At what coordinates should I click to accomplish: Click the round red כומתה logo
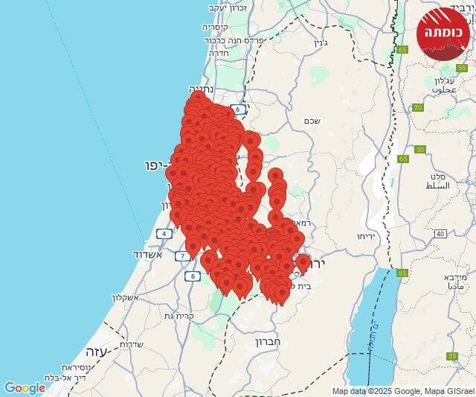click(x=443, y=34)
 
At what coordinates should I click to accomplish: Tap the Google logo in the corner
click(x=25, y=388)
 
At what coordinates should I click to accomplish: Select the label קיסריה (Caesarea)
click(x=216, y=26)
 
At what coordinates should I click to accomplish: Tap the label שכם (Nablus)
click(x=312, y=120)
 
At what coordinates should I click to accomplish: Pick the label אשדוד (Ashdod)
click(x=147, y=254)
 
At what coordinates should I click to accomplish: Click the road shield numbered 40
click(x=440, y=234)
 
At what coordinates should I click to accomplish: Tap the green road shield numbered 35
click(x=452, y=357)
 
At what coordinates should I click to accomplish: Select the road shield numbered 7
click(x=182, y=256)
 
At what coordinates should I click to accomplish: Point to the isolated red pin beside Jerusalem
click(x=303, y=262)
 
